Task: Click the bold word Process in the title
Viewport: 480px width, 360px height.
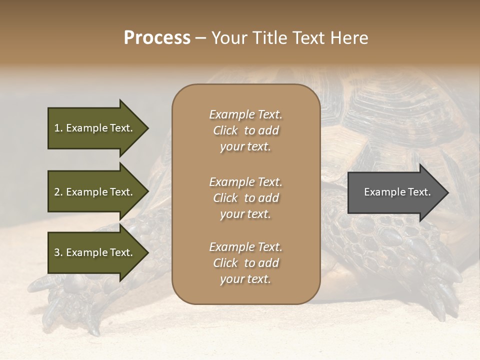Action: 157,38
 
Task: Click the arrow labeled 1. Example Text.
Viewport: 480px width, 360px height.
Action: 93,128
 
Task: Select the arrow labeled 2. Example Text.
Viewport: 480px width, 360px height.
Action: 93,192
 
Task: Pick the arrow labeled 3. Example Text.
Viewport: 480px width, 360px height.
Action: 93,252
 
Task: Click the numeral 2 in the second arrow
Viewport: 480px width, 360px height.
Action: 56,192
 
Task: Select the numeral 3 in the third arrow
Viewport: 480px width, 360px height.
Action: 56,252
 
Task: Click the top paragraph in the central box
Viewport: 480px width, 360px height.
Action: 245,130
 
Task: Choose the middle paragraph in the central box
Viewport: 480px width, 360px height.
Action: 245,198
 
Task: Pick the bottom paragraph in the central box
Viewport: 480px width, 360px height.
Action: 245,263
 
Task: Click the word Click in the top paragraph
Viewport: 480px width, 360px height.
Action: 225,130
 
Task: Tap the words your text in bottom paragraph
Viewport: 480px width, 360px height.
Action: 245,279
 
